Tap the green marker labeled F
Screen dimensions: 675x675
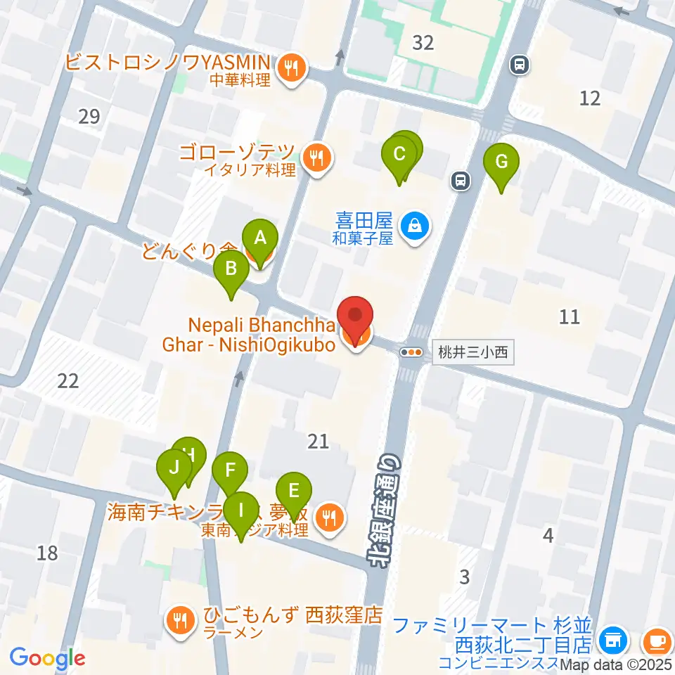pyautogui.click(x=230, y=472)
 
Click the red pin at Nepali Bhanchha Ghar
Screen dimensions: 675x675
pyautogui.click(x=356, y=319)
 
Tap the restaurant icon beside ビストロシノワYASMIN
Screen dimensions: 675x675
pyautogui.click(x=290, y=68)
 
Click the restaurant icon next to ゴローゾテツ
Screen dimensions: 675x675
pyautogui.click(x=318, y=158)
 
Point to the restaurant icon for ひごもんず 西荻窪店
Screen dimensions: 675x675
pyautogui.click(x=181, y=619)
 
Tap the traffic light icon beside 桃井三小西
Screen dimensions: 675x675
pyautogui.click(x=412, y=353)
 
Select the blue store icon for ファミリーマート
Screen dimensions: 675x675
pyautogui.click(x=612, y=641)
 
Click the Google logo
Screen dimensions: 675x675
pyautogui.click(x=47, y=658)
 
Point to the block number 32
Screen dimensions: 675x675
pyautogui.click(x=423, y=43)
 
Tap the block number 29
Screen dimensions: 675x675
pyautogui.click(x=89, y=117)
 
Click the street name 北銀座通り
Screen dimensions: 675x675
pyautogui.click(x=385, y=510)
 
